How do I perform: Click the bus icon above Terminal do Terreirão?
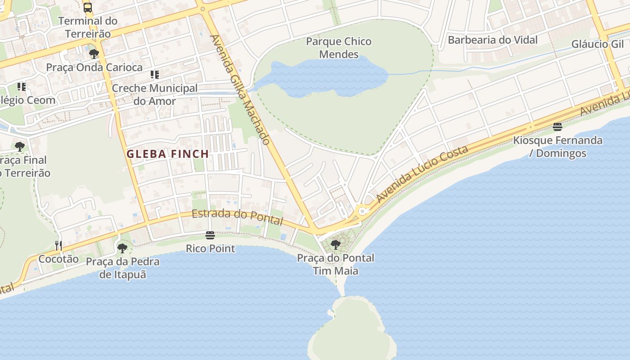[x=88, y=7]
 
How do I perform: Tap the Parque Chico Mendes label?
[x=338, y=48]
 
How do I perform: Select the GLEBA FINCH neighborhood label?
[x=167, y=154]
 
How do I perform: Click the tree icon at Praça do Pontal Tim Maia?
[x=335, y=245]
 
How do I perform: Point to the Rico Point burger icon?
[x=210, y=235]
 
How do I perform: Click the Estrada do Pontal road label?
[x=237, y=217]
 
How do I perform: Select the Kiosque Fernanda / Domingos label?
[x=558, y=147]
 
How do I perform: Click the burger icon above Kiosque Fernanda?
[x=558, y=127]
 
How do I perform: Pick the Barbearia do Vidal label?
[x=492, y=40]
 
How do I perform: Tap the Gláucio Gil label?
[x=597, y=44]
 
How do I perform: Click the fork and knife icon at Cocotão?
[x=58, y=245]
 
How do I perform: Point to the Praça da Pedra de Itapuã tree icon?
[x=122, y=248]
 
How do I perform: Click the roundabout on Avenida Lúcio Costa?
[x=362, y=210]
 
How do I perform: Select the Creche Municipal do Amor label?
[x=154, y=94]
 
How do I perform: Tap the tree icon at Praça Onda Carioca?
[x=94, y=54]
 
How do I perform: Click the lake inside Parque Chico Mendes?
[x=319, y=76]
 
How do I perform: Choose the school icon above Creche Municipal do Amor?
[x=154, y=74]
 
